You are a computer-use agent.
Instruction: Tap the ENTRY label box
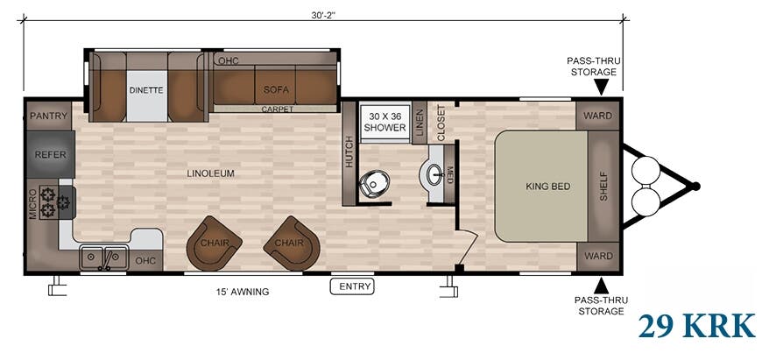pyautogui.click(x=352, y=286)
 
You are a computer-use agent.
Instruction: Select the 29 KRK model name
pyautogui.click(x=696, y=326)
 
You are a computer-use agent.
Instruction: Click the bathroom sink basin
pyautogui.click(x=434, y=175)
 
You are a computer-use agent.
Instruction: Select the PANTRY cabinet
pyautogui.click(x=48, y=116)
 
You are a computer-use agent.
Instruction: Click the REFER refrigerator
pyautogui.click(x=50, y=154)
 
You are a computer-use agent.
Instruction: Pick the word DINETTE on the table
pyautogui.click(x=146, y=90)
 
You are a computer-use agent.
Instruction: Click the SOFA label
pyautogui.click(x=276, y=89)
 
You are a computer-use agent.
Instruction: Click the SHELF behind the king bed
pyautogui.click(x=603, y=186)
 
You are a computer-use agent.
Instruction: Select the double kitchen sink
pyautogui.click(x=104, y=258)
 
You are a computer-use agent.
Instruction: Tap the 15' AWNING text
pyautogui.click(x=243, y=292)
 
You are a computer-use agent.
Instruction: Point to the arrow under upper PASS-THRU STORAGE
pyautogui.click(x=601, y=87)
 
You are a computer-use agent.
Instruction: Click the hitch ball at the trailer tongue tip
pyautogui.click(x=695, y=187)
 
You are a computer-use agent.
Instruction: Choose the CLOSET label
pyautogui.click(x=441, y=124)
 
